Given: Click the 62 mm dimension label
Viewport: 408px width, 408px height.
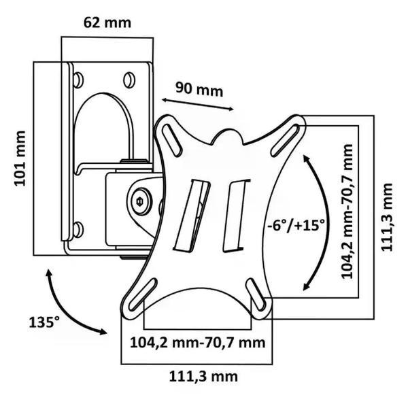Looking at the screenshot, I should pyautogui.click(x=107, y=22).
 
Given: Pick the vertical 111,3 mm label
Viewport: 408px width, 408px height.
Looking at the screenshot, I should pyautogui.click(x=387, y=217).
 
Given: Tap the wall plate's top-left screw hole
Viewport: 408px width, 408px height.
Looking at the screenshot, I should pyautogui.click(x=78, y=80).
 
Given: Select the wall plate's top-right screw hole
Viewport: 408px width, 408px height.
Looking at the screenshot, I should pyautogui.click(x=129, y=80).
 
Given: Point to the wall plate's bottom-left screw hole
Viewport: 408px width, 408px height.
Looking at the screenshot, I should pyautogui.click(x=78, y=229).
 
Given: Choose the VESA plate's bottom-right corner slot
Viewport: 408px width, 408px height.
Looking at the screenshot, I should pyautogui.click(x=258, y=297).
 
